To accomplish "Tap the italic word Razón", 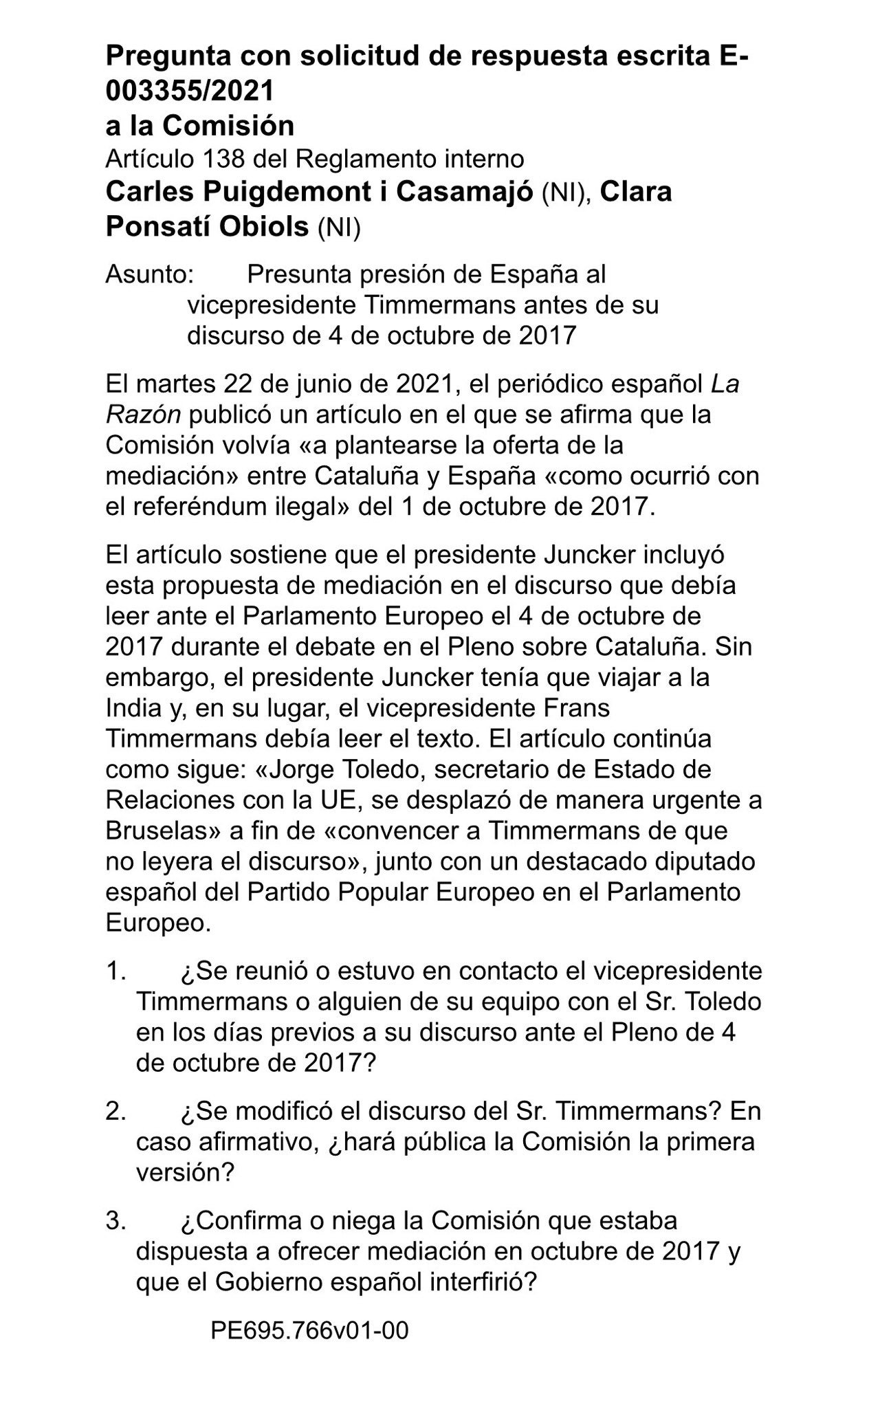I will point(143,415).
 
